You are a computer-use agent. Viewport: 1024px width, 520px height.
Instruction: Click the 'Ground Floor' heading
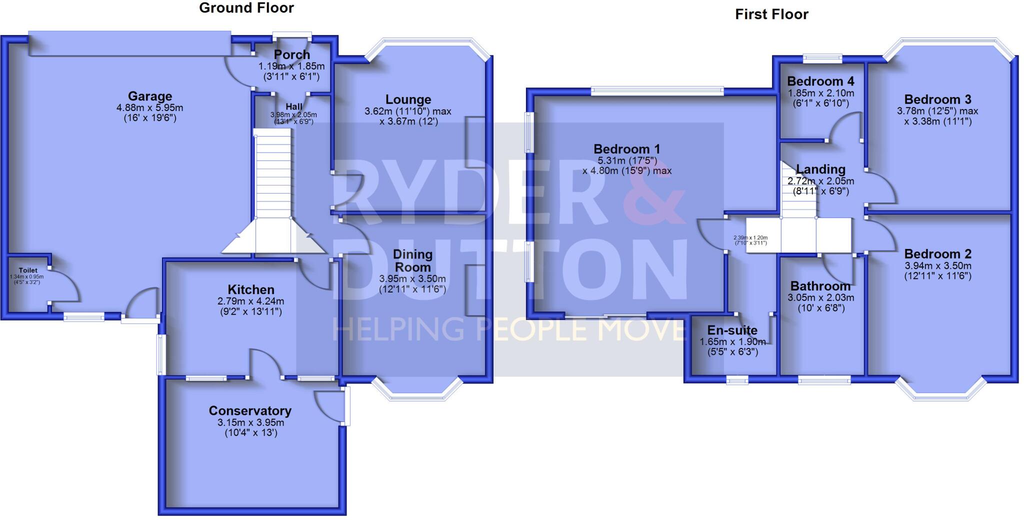246,8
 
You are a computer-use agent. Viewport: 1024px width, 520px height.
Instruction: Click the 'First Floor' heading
771,14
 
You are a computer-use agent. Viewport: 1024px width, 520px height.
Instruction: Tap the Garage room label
149,96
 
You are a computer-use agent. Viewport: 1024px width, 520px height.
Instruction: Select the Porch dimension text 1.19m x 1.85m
291,66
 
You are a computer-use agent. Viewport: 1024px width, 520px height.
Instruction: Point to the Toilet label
28,270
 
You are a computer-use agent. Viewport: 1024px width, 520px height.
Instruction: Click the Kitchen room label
250,289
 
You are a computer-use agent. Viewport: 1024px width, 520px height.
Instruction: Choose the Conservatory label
250,410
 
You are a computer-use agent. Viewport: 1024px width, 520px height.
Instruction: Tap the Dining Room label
412,260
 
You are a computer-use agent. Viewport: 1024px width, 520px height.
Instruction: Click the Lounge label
408,99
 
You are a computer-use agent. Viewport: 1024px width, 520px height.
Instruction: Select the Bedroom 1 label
626,149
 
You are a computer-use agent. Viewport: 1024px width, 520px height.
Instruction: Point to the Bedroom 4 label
820,81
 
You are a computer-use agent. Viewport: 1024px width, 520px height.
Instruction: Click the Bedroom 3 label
937,99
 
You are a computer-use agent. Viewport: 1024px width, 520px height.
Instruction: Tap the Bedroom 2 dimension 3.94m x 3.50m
937,266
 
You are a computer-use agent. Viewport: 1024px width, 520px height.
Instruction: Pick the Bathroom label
820,286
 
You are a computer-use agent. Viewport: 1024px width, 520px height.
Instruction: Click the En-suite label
732,330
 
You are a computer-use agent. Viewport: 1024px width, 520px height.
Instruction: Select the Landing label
820,169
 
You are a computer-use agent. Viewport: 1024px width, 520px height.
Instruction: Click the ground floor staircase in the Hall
272,175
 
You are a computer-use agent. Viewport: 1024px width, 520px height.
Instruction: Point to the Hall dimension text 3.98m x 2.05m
294,115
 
